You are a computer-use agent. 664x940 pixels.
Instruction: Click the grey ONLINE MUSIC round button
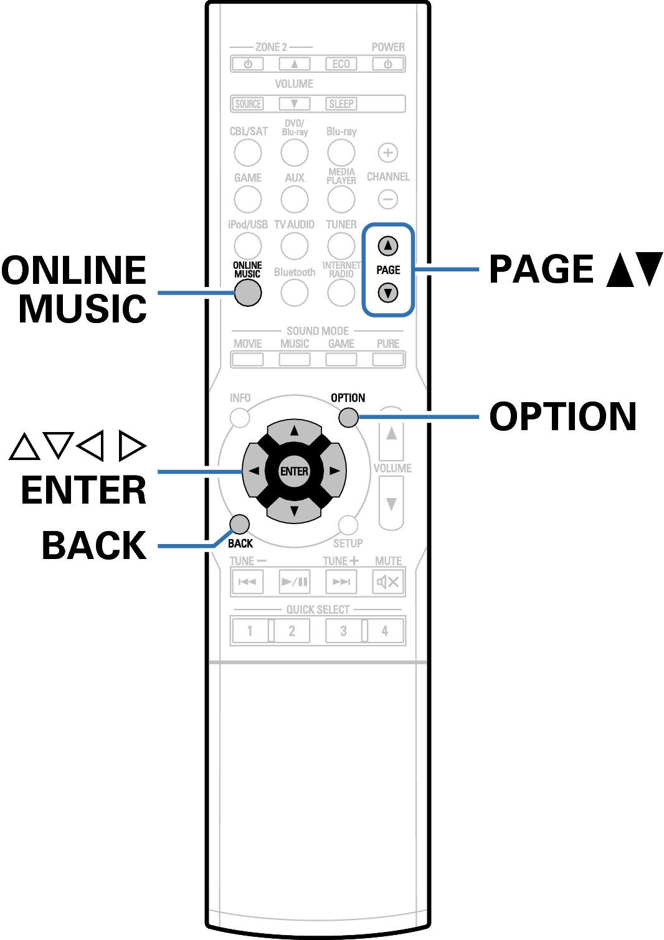pyautogui.click(x=248, y=293)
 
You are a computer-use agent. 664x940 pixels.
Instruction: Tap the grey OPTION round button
pyautogui.click(x=348, y=417)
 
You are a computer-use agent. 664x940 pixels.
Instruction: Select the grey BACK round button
pyautogui.click(x=239, y=524)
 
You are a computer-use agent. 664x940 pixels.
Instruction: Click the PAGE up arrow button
pyautogui.click(x=387, y=245)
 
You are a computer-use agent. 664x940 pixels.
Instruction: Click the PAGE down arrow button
pyautogui.click(x=387, y=293)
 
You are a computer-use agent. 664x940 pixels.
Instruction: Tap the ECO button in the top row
pyautogui.click(x=341, y=63)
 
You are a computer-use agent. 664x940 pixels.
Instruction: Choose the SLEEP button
pyautogui.click(x=341, y=104)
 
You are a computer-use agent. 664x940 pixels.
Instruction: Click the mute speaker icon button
pyautogui.click(x=388, y=581)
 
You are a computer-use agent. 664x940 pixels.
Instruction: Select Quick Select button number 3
pyautogui.click(x=343, y=631)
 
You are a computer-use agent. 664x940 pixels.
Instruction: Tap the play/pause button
pyautogui.click(x=295, y=581)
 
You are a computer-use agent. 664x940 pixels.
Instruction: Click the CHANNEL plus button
pyautogui.click(x=387, y=153)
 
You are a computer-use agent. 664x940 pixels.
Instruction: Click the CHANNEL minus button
pyautogui.click(x=387, y=199)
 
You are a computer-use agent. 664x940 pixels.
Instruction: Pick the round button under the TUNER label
pyautogui.click(x=341, y=245)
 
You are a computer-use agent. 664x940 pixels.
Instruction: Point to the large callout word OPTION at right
pyautogui.click(x=563, y=416)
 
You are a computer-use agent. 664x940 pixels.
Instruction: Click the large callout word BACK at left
pyautogui.click(x=94, y=545)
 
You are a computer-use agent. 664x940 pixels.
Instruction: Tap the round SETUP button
pyautogui.click(x=348, y=525)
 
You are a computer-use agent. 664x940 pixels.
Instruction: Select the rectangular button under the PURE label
pyautogui.click(x=388, y=359)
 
